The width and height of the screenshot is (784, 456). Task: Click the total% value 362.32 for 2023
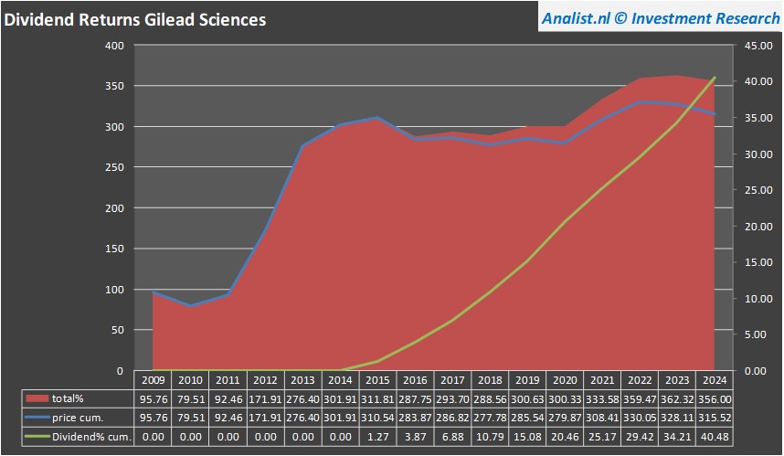tap(677, 399)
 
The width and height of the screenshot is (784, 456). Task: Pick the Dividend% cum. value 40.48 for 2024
tap(714, 437)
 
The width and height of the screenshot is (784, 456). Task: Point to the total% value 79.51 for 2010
tap(190, 399)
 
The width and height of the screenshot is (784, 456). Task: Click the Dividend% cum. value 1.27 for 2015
tap(377, 437)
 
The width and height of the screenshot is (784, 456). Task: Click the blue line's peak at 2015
tap(377, 118)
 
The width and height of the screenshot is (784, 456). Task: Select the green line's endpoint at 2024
tap(715, 79)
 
